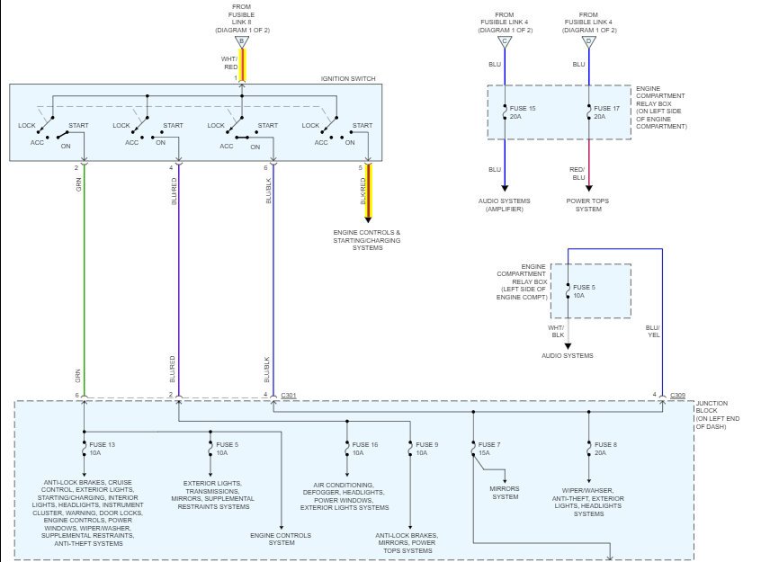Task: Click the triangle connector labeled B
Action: [x=242, y=42]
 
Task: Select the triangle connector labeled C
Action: [x=505, y=42]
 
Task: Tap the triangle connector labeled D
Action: [x=588, y=42]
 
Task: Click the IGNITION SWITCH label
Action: [x=348, y=78]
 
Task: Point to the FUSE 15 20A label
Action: [x=523, y=112]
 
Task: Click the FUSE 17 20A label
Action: [x=606, y=112]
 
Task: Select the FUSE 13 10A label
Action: [x=102, y=449]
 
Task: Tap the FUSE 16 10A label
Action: [x=365, y=449]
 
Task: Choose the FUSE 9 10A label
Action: [x=426, y=449]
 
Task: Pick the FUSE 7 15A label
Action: [x=489, y=449]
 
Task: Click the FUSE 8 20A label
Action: [x=605, y=449]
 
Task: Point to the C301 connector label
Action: [x=289, y=396]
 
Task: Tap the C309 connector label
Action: [x=678, y=396]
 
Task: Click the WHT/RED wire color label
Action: [x=229, y=63]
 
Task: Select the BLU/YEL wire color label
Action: [x=653, y=332]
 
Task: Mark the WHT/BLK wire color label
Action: [x=556, y=332]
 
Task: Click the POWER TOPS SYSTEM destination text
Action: [x=587, y=205]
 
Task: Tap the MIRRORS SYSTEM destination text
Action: [x=505, y=493]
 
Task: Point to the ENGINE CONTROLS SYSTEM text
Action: [x=281, y=540]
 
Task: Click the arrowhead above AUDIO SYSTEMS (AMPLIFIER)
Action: [x=505, y=188]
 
